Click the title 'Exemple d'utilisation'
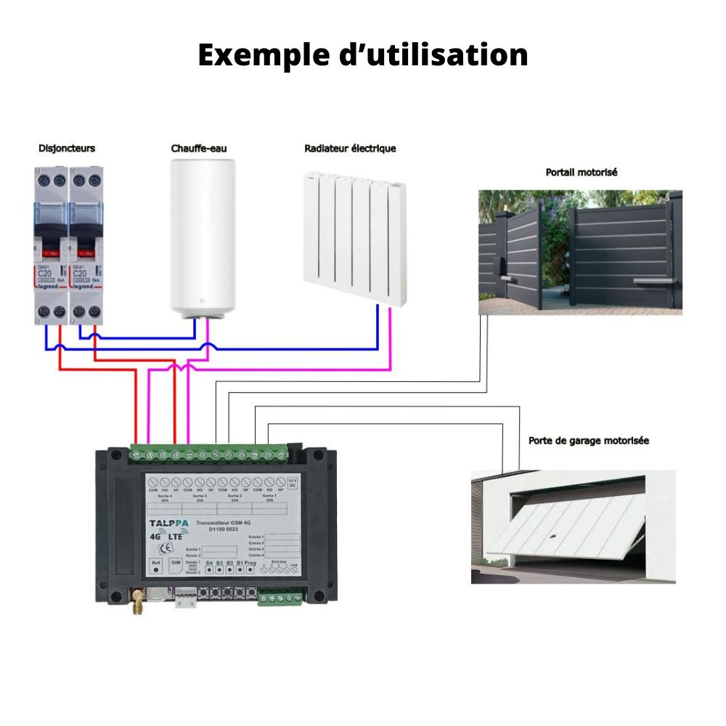362,55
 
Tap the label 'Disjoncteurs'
66,148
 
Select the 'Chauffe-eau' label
199,148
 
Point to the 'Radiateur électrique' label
350,148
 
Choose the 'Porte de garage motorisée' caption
588,441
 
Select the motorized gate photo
580,251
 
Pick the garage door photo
573,526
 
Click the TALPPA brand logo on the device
168,523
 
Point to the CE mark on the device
165,548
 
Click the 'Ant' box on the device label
155,566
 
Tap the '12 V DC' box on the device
292,482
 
